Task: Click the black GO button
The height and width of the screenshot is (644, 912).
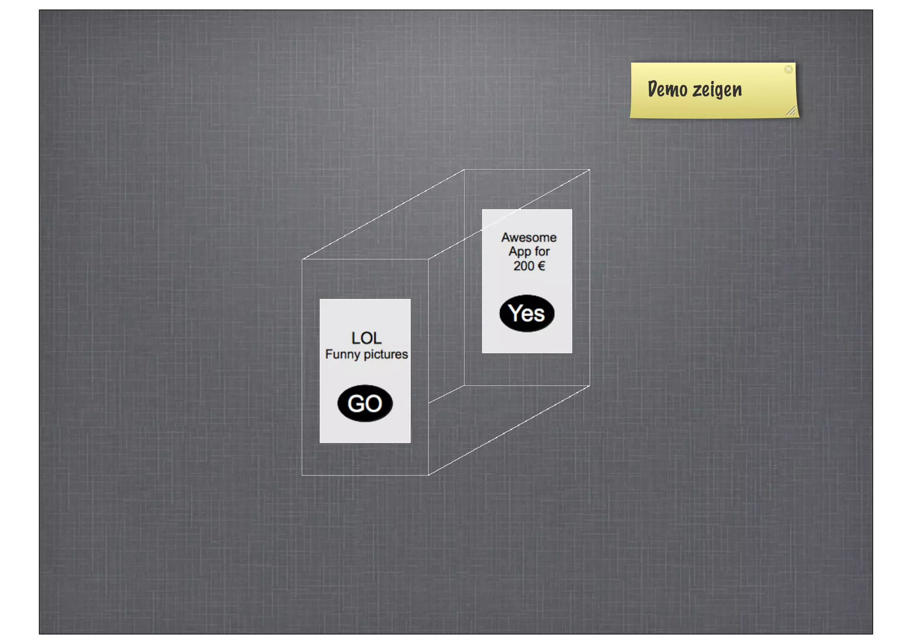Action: (365, 403)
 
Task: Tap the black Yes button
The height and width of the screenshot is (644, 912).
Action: (527, 313)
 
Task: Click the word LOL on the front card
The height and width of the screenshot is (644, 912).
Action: (366, 338)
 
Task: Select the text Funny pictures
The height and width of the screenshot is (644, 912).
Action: (366, 354)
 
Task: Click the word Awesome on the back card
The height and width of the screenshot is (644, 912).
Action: (529, 238)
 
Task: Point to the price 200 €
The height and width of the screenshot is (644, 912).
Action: (529, 266)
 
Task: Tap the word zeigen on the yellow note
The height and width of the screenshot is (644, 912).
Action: (717, 90)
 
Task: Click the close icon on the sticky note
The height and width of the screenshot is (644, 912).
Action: (788, 69)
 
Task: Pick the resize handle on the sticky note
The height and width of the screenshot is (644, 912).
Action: (791, 111)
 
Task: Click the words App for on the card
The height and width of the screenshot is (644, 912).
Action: (529, 251)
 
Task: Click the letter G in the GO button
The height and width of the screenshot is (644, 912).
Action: (356, 404)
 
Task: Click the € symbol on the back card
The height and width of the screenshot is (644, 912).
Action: (541, 266)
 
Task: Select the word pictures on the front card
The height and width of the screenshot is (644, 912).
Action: (386, 354)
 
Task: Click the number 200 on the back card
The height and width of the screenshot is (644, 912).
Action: (524, 266)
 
